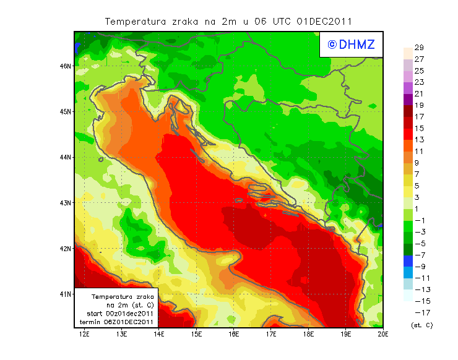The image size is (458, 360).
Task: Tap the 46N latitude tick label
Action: coord(66,66)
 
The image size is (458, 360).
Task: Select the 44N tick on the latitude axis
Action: coord(66,157)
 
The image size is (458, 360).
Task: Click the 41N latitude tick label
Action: coord(66,294)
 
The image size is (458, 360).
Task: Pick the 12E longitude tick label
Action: coord(84,335)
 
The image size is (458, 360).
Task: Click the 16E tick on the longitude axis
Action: coord(233,335)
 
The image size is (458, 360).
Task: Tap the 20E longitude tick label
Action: coord(383,335)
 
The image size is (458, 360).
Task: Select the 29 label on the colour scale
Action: coord(419,48)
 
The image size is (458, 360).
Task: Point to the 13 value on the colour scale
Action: coord(419,140)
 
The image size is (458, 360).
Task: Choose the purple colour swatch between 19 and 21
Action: coord(408,100)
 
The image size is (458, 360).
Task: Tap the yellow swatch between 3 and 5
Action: coord(408,192)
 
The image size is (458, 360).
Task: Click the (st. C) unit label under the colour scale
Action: coord(421,325)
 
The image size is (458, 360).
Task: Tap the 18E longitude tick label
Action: coord(308,335)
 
